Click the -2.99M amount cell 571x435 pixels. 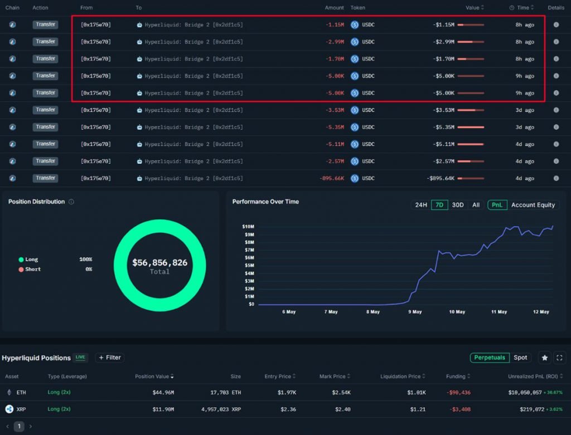[335, 42]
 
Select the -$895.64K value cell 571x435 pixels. [440, 178]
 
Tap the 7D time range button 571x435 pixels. [439, 205]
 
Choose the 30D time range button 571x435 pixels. [458, 205]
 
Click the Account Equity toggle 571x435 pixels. [533, 205]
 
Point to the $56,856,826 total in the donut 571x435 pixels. [159, 262]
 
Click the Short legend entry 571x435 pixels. [33, 270]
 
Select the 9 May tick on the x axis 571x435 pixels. [415, 312]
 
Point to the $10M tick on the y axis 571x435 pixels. [248, 227]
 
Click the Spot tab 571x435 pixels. [520, 358]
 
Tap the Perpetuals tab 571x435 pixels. [490, 358]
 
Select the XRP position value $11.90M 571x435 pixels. [163, 409]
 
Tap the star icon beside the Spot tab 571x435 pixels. [545, 358]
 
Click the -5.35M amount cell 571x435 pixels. [335, 127]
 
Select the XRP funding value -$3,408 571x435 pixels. [459, 409]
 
